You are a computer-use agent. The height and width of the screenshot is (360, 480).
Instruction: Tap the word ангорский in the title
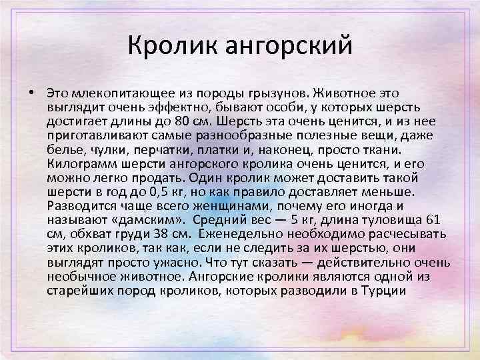click(289, 46)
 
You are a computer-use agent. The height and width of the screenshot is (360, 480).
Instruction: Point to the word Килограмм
click(82, 165)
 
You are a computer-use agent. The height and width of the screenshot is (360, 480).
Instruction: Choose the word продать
click(157, 179)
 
